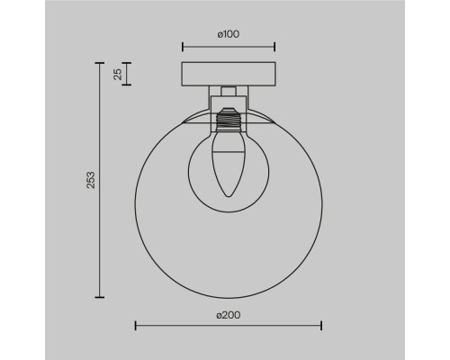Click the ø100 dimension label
229,34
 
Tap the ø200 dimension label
229,315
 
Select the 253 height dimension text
91,180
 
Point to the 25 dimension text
118,74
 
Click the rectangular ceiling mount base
229,74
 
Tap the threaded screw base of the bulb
229,118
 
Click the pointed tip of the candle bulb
229,196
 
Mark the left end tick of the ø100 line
183,47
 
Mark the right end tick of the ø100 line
274,47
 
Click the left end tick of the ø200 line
136,326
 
